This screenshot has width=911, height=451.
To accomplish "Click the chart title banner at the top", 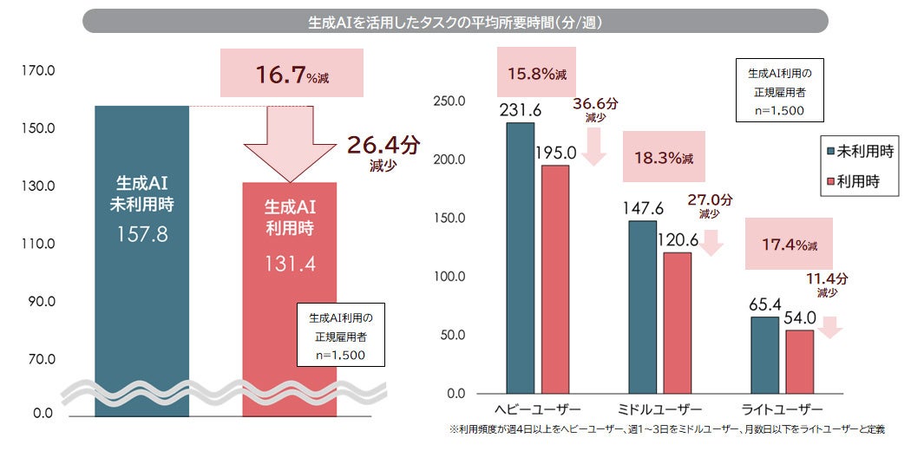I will click(455, 21).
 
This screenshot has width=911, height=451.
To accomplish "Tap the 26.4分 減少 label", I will click(382, 152).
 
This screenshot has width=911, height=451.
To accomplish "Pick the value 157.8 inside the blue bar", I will click(141, 234).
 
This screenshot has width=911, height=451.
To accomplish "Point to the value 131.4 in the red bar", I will click(290, 263).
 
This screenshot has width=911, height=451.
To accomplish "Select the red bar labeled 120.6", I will click(677, 322).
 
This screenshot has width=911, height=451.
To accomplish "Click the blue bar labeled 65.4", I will click(764, 355).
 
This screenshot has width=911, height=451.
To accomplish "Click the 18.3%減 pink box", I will click(663, 159).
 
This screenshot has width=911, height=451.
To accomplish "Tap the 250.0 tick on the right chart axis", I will click(449, 101).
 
